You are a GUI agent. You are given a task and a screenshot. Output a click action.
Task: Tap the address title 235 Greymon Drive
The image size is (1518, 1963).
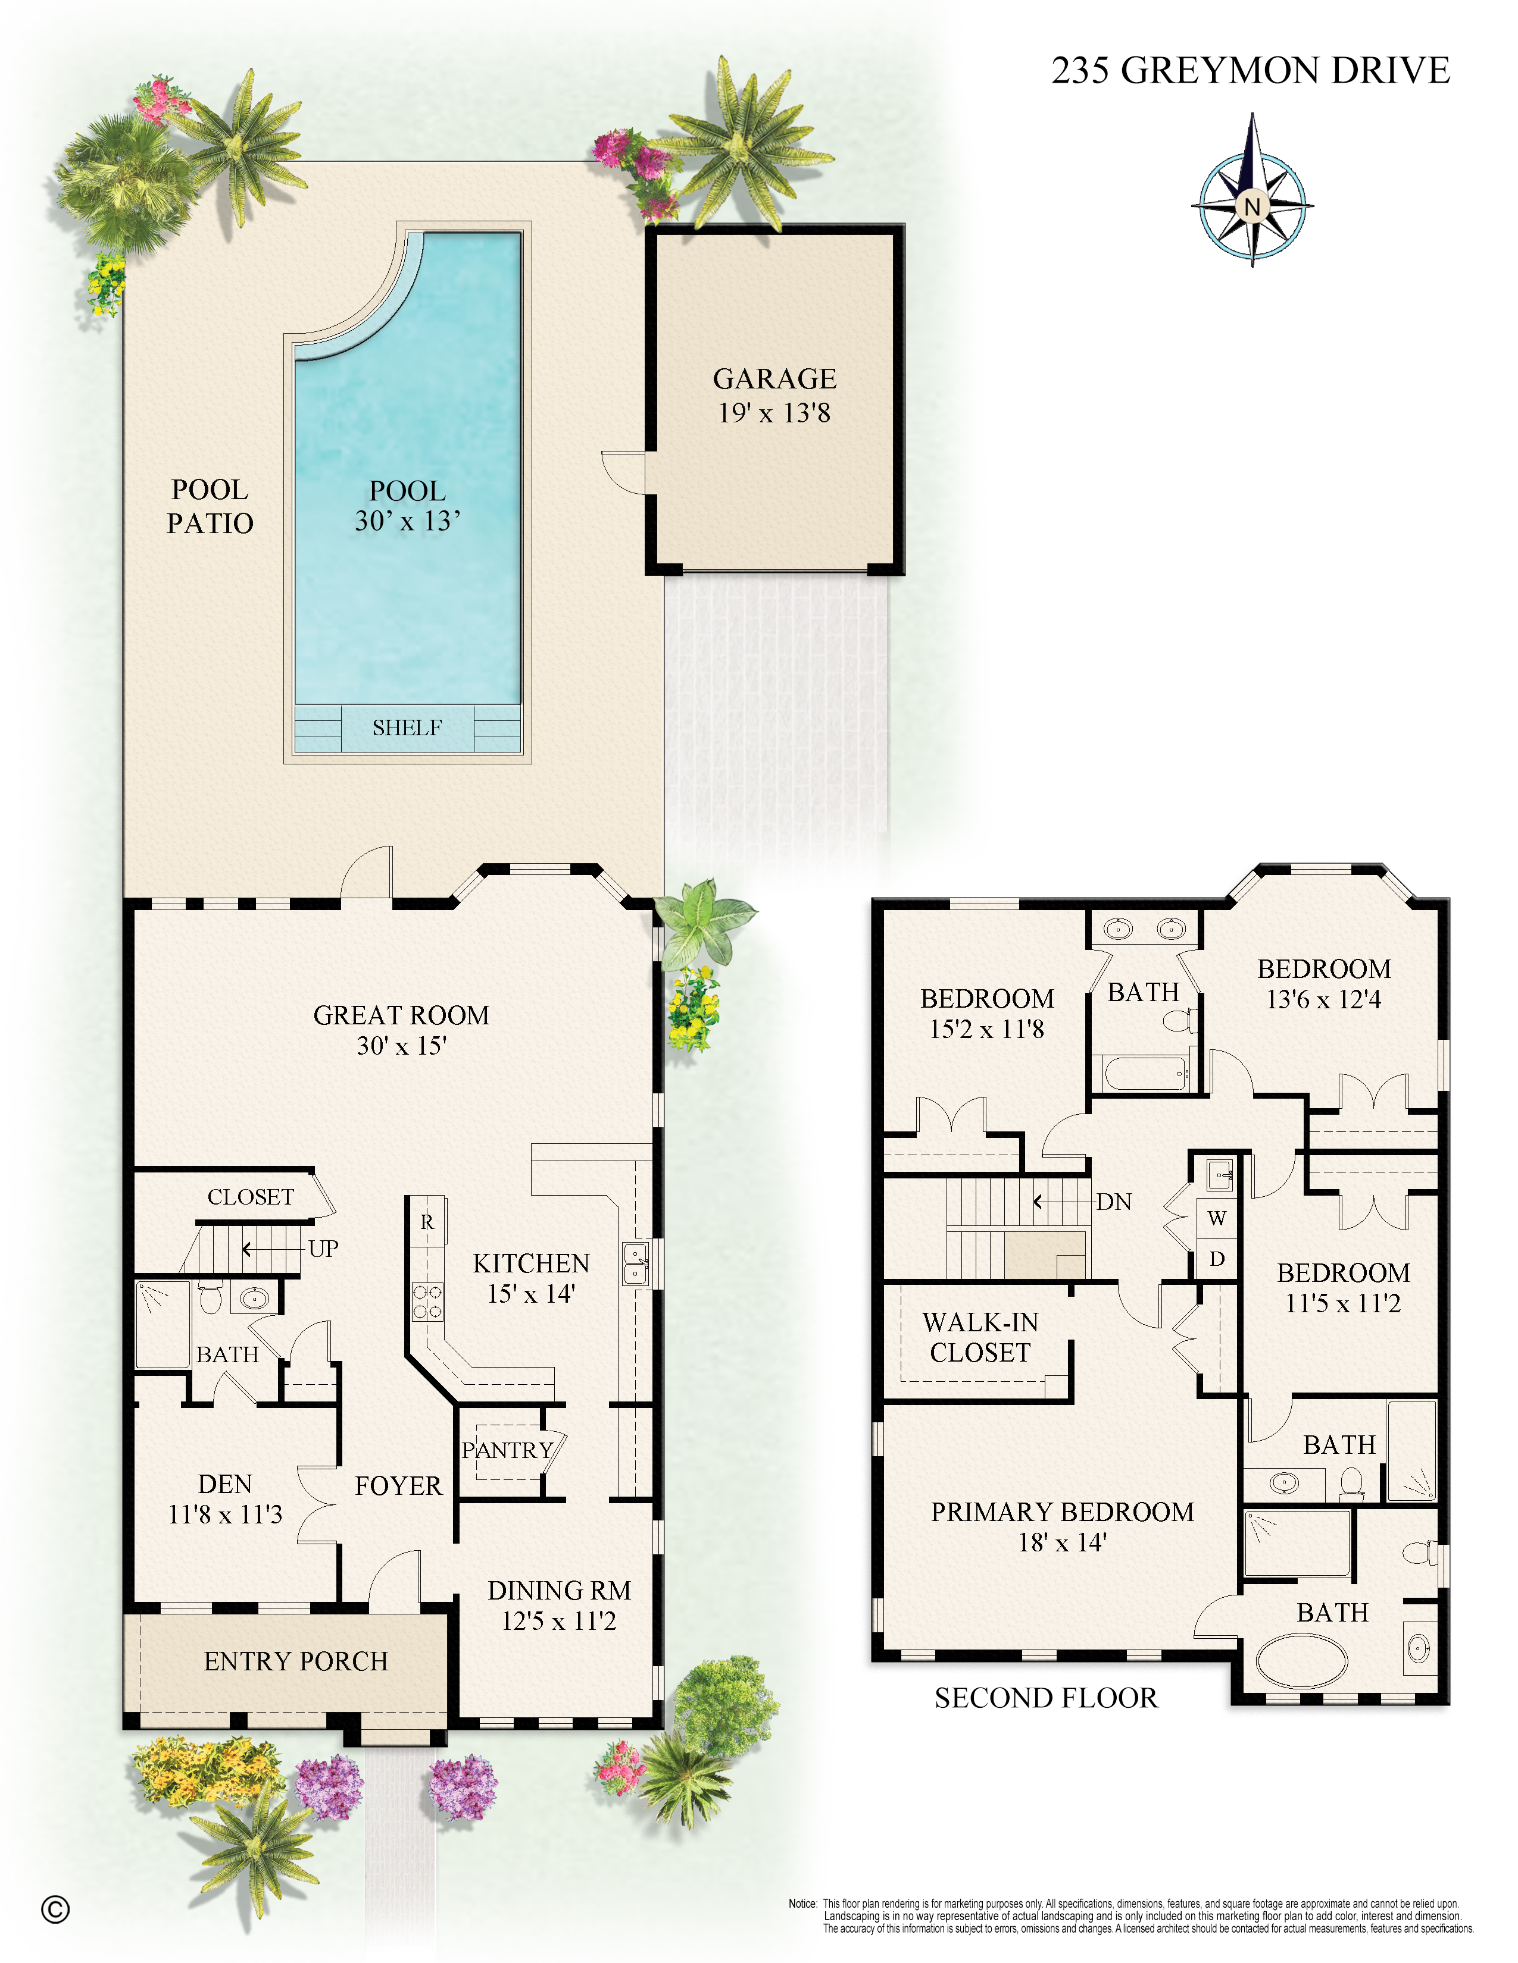coord(1250,70)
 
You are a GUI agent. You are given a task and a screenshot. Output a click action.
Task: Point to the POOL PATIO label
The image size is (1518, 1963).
coord(210,506)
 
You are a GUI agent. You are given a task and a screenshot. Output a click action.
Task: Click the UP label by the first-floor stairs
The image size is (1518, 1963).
coord(323,1249)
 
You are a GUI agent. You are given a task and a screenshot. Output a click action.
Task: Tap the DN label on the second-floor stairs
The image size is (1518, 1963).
coord(1113,1202)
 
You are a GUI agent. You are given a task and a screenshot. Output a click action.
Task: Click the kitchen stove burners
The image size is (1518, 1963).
coord(427,1302)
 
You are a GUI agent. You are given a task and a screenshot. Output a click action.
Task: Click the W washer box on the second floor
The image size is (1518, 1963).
coord(1217,1219)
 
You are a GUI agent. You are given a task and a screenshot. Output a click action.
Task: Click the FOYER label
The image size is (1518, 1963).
coord(398,1486)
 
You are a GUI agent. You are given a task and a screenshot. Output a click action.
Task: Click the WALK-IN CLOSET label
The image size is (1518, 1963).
coord(980,1337)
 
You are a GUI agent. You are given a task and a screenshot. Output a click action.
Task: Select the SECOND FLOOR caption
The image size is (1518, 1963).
coord(1046,1698)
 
